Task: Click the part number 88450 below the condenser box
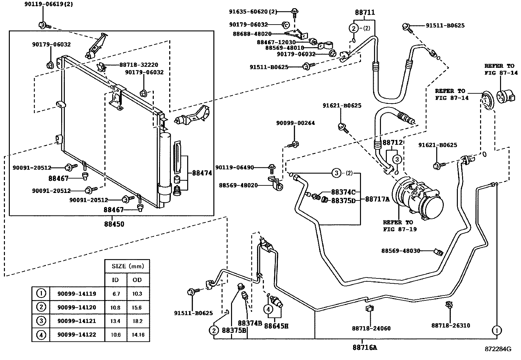114,224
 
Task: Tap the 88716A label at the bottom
365,348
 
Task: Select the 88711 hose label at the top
365,12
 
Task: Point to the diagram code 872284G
498,349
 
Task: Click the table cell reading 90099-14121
77,321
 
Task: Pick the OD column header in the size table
137,280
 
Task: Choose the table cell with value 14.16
138,335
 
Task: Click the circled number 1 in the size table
41,294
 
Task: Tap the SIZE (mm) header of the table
128,266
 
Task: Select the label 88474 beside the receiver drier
202,173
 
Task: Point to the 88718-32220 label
139,65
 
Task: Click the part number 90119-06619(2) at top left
49,4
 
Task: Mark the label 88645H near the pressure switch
276,326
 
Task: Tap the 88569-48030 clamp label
401,251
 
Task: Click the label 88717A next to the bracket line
377,199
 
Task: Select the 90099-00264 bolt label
296,123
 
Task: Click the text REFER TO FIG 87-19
400,226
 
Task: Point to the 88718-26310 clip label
451,325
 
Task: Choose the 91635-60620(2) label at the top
253,12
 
